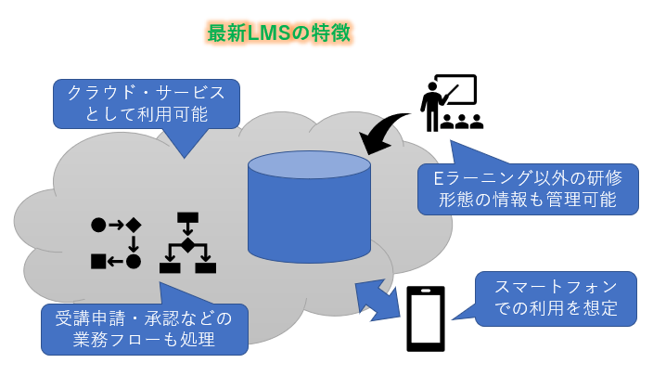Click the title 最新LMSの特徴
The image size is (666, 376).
point(278,33)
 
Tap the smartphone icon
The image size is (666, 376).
point(426,318)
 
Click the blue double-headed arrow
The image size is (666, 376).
point(378,300)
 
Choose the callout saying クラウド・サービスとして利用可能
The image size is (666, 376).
point(147,103)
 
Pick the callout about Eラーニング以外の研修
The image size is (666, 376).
point(528,188)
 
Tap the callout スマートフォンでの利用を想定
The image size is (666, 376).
point(556,298)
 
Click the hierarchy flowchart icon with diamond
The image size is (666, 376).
point(187,243)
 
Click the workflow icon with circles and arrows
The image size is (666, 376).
point(116,242)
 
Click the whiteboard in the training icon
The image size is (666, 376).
point(457,90)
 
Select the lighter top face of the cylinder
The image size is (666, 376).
point(309,164)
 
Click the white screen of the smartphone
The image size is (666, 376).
point(426,318)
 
